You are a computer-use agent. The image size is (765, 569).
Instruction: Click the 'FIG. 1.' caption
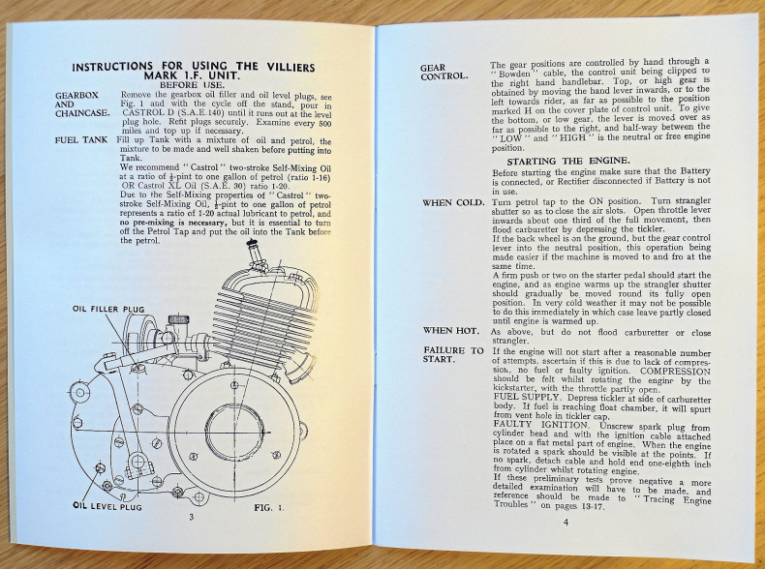tap(272, 505)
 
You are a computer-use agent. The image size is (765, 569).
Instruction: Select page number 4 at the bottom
tap(566, 523)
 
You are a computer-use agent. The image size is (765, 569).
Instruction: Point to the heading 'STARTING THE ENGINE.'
tap(580, 161)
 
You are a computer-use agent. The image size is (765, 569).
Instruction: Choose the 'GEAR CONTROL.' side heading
tap(444, 72)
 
